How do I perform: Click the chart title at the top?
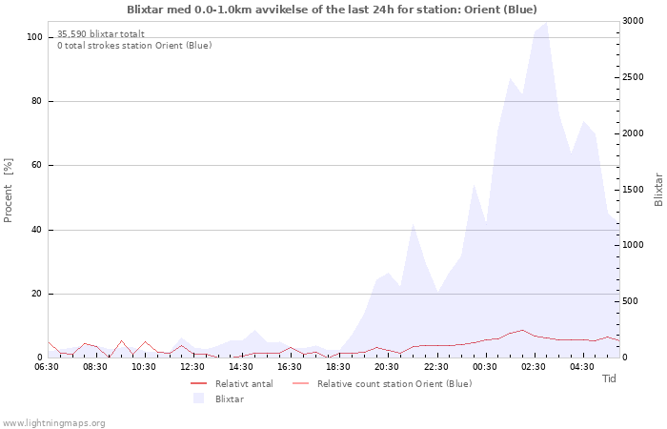(x=332, y=10)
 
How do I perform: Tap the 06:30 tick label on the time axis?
(x=48, y=366)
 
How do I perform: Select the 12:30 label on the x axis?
(x=193, y=366)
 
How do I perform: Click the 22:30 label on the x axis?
(x=436, y=366)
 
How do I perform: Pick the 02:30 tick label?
(x=534, y=366)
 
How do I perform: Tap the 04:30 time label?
(x=582, y=366)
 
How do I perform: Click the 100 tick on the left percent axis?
(x=35, y=37)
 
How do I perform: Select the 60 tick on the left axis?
(x=38, y=166)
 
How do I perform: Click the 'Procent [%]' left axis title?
(x=9, y=191)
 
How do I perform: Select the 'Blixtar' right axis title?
(x=658, y=190)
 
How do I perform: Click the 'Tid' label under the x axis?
(x=610, y=379)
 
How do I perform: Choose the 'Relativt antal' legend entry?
(x=244, y=383)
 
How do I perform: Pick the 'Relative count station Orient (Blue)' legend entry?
(x=394, y=383)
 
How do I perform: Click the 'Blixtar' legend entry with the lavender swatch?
(x=229, y=398)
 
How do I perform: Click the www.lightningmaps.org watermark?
(x=54, y=422)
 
